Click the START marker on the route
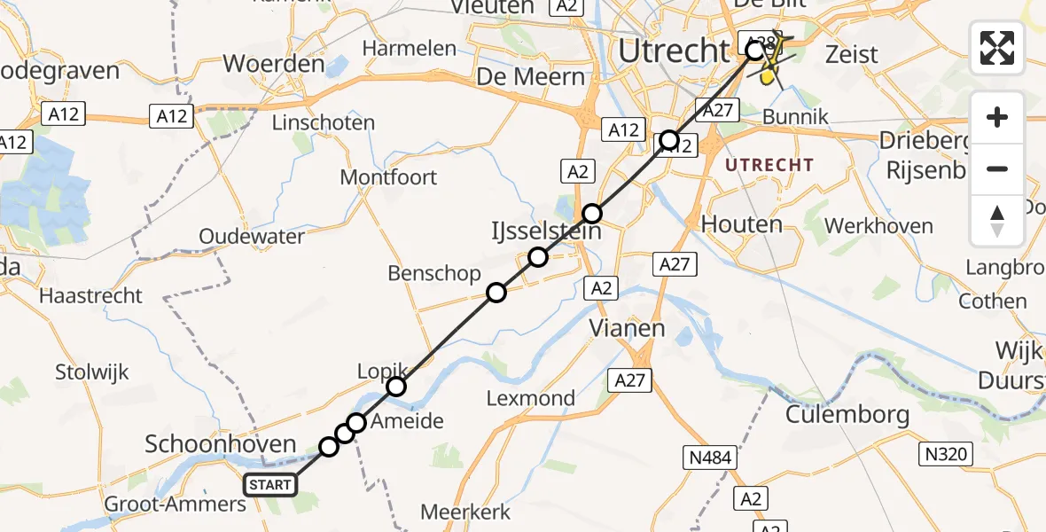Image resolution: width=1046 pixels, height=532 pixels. [x=269, y=484]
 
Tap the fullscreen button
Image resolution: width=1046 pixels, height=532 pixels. [x=997, y=48]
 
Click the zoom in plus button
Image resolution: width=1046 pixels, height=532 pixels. [x=997, y=117]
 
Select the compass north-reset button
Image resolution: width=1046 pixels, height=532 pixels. [x=997, y=221]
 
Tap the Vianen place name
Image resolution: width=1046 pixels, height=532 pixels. [x=628, y=328]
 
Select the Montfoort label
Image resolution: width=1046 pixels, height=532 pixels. [x=388, y=177]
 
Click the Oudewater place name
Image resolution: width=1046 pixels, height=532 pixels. [x=252, y=237]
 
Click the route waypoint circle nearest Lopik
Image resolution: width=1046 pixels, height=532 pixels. [x=396, y=387]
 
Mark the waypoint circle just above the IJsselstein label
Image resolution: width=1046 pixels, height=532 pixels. [x=592, y=213]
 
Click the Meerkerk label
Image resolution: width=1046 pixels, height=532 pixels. [x=465, y=512]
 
